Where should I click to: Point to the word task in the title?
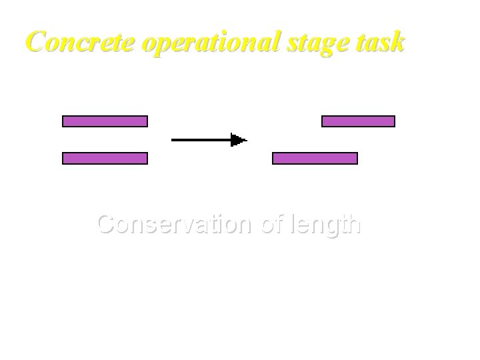click(x=383, y=42)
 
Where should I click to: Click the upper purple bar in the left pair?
click(x=105, y=121)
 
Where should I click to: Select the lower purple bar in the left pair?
click(x=105, y=158)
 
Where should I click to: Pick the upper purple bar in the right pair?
click(x=358, y=121)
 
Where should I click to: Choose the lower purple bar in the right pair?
click(x=315, y=158)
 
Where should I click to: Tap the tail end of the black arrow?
click(x=174, y=140)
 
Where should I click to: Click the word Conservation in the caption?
click(x=174, y=225)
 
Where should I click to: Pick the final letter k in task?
click(x=397, y=42)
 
